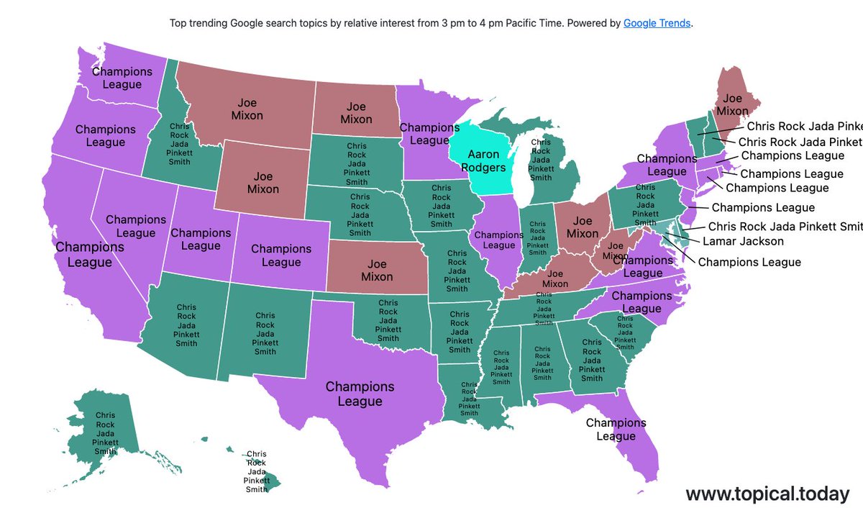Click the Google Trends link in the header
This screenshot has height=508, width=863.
pyautogui.click(x=657, y=23)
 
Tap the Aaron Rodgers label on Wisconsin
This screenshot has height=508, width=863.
pyautogui.click(x=483, y=161)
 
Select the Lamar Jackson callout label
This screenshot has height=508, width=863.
pyautogui.click(x=743, y=241)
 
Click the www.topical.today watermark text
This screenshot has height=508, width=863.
pyautogui.click(x=767, y=494)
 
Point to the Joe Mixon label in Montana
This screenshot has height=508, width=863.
pyautogui.click(x=247, y=109)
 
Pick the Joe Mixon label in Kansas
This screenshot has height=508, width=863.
pyautogui.click(x=377, y=271)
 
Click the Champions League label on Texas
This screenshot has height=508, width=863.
pyautogui.click(x=360, y=394)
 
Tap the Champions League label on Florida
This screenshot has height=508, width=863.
pyautogui.click(x=616, y=430)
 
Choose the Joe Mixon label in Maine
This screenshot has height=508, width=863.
pyautogui.click(x=733, y=105)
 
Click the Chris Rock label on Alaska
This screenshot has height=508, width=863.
pyautogui.click(x=105, y=433)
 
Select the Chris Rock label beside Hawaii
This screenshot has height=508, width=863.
pyautogui.click(x=256, y=471)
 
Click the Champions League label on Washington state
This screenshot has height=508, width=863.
pyautogui.click(x=122, y=78)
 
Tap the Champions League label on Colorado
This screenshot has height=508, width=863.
pyautogui.click(x=281, y=255)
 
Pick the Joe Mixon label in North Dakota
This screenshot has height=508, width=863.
pyautogui.click(x=356, y=113)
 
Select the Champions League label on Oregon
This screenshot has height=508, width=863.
pyautogui.click(x=105, y=136)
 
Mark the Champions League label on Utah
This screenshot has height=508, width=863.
pyautogui.click(x=201, y=240)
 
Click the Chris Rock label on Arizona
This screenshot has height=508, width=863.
pyautogui.click(x=187, y=325)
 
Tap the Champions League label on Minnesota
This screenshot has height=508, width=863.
pyautogui.click(x=429, y=135)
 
